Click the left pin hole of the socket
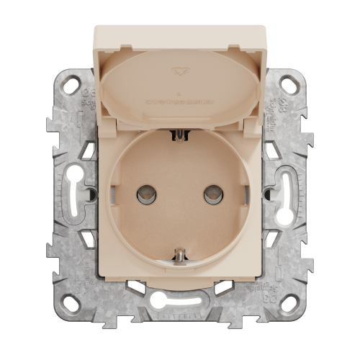tap(148, 193)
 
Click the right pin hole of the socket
tap(211, 193)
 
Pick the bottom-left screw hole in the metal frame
tap(72, 303)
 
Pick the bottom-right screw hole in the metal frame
tap(287, 303)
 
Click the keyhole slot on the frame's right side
tap(283, 193)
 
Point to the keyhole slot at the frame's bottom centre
tap(180, 297)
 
